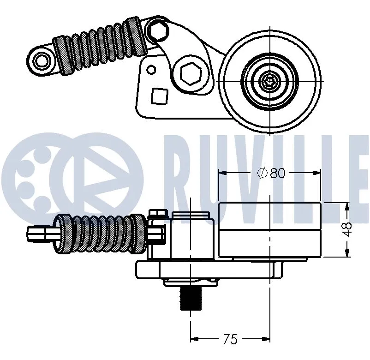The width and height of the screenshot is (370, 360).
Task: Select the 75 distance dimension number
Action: coord(229,339)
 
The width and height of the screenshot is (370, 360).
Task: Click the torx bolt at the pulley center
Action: coord(269,82)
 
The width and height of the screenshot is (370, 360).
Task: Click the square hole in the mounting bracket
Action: coord(159,96)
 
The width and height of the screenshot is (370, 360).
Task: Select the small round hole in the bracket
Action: coord(151,70)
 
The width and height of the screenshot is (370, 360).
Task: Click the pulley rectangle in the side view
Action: coord(269,229)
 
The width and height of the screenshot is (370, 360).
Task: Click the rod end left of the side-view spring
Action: coord(42,234)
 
